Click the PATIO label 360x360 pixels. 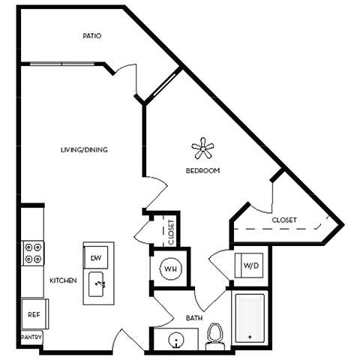coord(92,36)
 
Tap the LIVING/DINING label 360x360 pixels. coord(84,150)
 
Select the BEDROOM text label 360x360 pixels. coord(202,171)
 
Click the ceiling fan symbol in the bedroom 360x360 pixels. coord(202,148)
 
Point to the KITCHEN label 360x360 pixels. coord(64,280)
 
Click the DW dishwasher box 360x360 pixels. coord(96,258)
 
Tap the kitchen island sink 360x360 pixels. coord(99,284)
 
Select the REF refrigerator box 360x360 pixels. coord(34,314)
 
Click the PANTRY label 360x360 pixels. coord(31,338)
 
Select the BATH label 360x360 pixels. coord(194,319)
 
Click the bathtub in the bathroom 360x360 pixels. coord(249,318)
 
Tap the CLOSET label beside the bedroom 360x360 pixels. coord(284,220)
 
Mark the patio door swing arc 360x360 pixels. coord(126,81)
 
